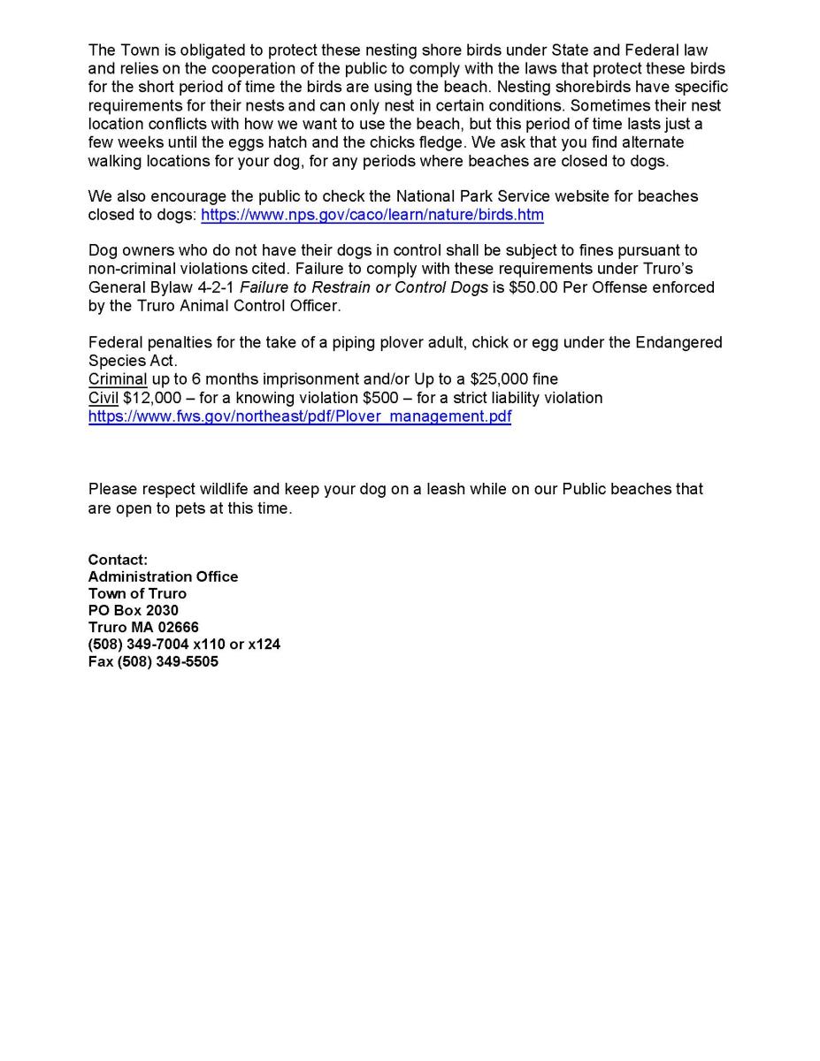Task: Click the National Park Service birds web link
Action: pos(372,215)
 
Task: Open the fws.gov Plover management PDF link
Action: pos(299,416)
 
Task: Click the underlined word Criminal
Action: pos(117,379)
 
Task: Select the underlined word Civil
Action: pos(103,398)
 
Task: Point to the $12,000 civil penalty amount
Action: pos(152,398)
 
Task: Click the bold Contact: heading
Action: pos(118,560)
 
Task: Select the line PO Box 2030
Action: pos(133,611)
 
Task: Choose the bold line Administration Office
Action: pos(163,576)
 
